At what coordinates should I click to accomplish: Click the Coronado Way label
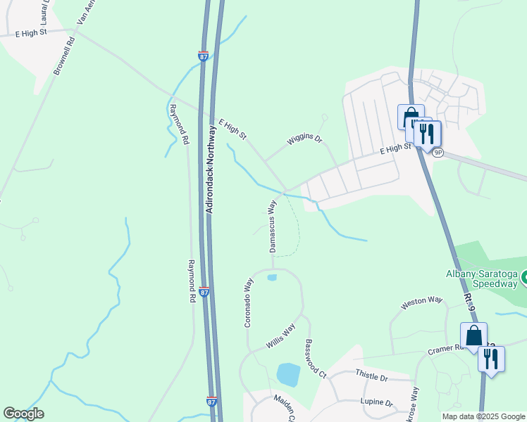pyautogui.click(x=248, y=302)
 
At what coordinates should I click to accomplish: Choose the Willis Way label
pyautogui.click(x=280, y=336)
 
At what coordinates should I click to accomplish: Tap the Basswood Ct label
pyautogui.click(x=315, y=358)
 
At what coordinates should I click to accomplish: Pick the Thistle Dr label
pyautogui.click(x=371, y=378)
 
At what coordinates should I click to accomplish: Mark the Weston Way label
pyautogui.click(x=421, y=303)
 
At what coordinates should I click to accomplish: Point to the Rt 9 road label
pyautogui.click(x=470, y=305)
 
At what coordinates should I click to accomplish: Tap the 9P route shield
pyautogui.click(x=438, y=153)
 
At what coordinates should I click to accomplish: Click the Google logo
pyautogui.click(x=23, y=414)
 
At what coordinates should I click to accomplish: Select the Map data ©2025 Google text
pyautogui.click(x=483, y=416)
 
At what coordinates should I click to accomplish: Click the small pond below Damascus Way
pyautogui.click(x=272, y=278)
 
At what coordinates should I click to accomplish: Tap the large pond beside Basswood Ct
pyautogui.click(x=288, y=374)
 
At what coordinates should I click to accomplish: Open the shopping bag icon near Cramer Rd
pyautogui.click(x=473, y=335)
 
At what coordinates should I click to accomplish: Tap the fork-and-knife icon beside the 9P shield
pyautogui.click(x=427, y=134)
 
